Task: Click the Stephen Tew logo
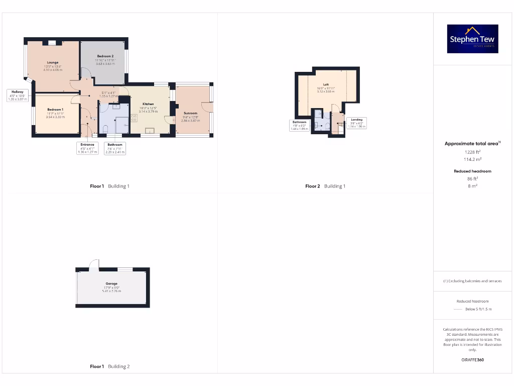point(472,39)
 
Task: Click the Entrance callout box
point(87,148)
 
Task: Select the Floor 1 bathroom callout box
point(114,148)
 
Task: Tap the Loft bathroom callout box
point(300,125)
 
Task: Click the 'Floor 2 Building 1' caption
point(325,186)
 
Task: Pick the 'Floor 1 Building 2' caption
point(109,366)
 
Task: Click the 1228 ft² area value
point(472,151)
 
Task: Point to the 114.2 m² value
point(472,159)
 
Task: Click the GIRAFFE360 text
point(472,360)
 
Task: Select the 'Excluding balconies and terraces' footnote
point(472,281)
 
